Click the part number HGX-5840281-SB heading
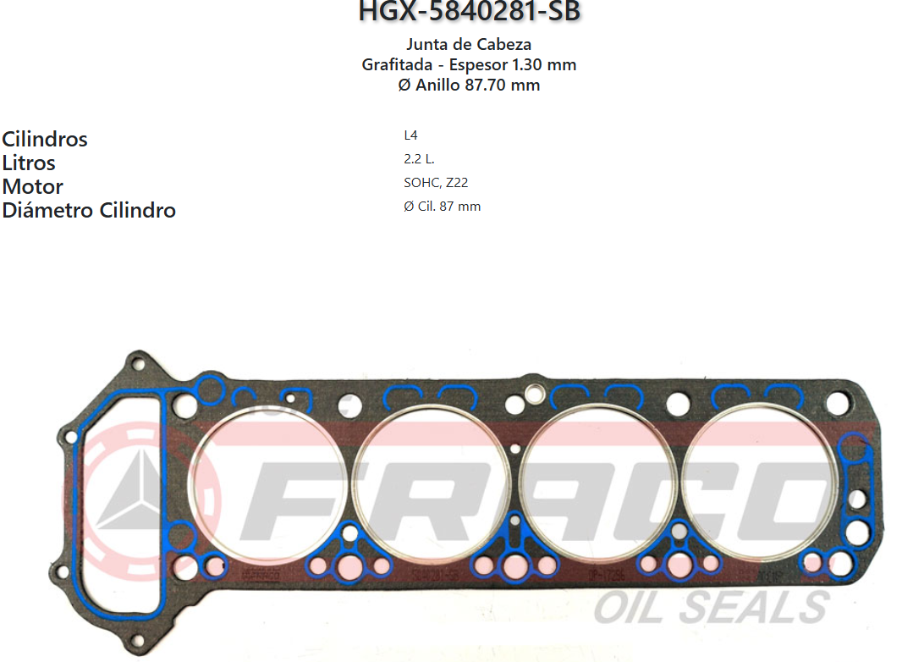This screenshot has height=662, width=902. (470, 12)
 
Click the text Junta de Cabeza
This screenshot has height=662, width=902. (469, 44)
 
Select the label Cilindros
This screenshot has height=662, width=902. (45, 139)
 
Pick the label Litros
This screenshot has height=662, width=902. (29, 163)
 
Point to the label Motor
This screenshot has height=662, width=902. (33, 186)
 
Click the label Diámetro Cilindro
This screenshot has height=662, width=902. (89, 210)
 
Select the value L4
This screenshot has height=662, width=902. (410, 135)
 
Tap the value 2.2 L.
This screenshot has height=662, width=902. (419, 158)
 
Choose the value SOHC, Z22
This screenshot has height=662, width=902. (436, 182)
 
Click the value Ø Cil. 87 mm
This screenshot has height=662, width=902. (442, 206)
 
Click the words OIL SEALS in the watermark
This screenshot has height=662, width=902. (711, 607)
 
